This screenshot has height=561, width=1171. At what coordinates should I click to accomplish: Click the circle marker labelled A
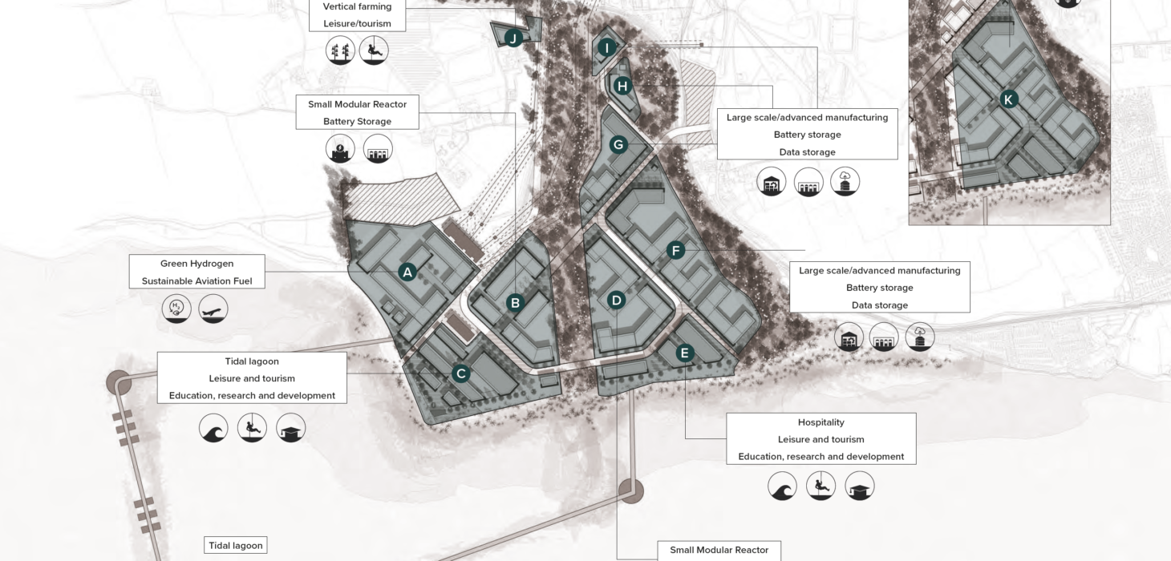(407, 272)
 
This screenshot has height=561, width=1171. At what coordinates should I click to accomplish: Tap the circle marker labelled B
(515, 303)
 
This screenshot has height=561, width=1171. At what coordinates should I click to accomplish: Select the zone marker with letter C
(460, 373)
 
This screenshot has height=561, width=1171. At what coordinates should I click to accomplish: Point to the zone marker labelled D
(616, 301)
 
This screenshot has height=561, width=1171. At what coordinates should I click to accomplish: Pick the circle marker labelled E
(685, 353)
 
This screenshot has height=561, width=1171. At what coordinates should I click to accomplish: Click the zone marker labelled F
(675, 251)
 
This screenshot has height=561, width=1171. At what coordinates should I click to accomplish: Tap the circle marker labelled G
(618, 145)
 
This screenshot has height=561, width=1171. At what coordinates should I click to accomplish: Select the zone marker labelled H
(622, 87)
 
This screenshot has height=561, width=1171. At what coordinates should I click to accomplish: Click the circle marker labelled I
(607, 48)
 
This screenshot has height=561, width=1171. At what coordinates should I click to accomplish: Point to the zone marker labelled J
(513, 38)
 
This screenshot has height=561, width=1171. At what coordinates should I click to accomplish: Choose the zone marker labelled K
(1008, 99)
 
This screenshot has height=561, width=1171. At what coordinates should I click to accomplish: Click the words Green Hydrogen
(197, 264)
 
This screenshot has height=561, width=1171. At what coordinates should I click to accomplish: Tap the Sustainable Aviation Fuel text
(197, 281)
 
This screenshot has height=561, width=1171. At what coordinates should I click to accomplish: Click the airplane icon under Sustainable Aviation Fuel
(213, 309)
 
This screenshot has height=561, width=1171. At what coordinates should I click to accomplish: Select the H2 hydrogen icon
(176, 309)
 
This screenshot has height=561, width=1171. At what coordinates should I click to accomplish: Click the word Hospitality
(821, 422)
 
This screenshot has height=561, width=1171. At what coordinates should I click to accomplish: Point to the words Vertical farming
(357, 6)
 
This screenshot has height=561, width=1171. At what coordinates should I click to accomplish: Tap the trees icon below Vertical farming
(340, 50)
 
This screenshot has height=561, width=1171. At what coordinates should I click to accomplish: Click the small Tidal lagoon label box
(235, 545)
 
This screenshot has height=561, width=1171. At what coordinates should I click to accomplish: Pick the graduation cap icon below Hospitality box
(860, 486)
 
